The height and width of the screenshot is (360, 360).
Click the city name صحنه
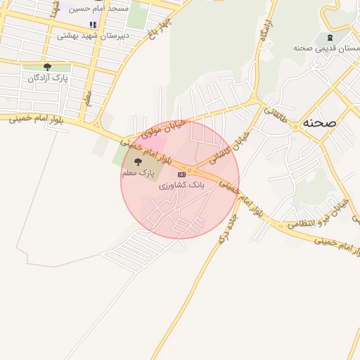click(319, 122)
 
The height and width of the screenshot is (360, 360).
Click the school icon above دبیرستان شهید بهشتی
click(93, 25)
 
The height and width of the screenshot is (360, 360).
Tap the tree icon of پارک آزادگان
click(48, 67)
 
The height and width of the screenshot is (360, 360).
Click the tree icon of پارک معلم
click(137, 162)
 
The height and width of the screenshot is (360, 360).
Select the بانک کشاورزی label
click(181, 185)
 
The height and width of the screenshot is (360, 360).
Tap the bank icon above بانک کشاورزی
click(181, 174)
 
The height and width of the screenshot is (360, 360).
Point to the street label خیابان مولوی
click(163, 127)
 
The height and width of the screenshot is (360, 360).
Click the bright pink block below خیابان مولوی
click(155, 143)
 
